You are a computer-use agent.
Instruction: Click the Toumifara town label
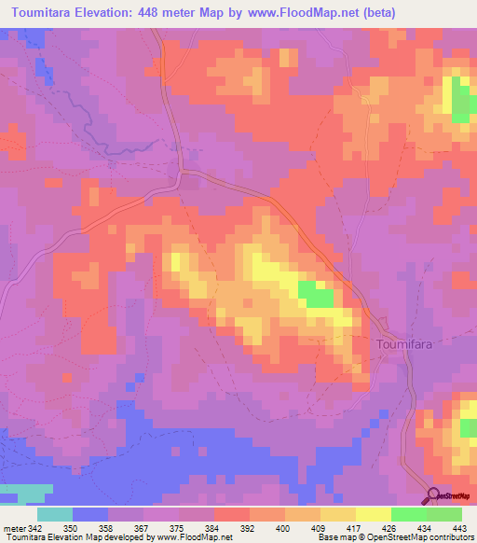pos(406,343)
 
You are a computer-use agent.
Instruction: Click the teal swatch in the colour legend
pos(55,515)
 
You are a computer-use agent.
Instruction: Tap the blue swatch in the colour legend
pos(91,515)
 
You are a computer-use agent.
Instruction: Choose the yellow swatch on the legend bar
pos(373,515)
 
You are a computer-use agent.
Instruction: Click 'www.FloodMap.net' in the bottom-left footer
pos(192,536)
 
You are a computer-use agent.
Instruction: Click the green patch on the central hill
pos(317,296)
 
